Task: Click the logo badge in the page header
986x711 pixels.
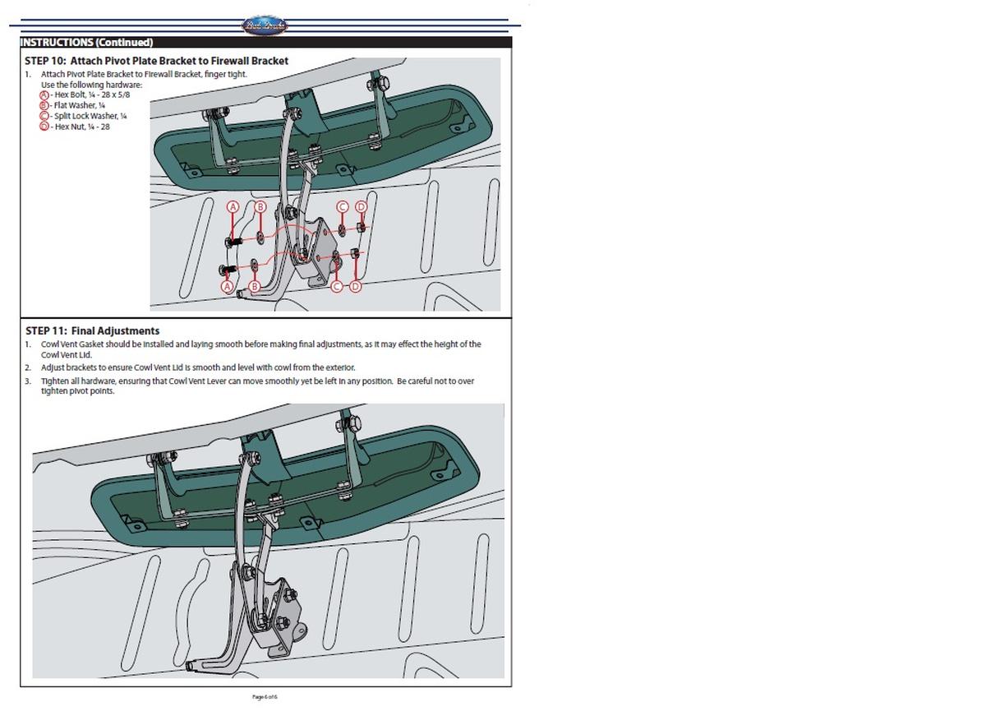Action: tap(265, 26)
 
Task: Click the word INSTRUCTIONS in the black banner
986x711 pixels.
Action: tap(56, 42)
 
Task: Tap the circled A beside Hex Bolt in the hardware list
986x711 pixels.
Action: tap(44, 95)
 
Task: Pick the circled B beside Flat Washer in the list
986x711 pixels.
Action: tap(44, 105)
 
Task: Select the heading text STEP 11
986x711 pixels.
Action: tap(46, 331)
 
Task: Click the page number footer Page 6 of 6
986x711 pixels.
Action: tap(265, 697)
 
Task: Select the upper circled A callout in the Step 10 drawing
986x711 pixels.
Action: tap(233, 206)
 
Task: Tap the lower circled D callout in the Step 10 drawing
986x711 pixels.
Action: tap(355, 286)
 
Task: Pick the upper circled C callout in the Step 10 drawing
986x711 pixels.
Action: tap(343, 206)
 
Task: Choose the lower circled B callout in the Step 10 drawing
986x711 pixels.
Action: tap(254, 286)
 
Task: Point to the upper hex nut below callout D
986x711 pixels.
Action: tap(361, 226)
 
